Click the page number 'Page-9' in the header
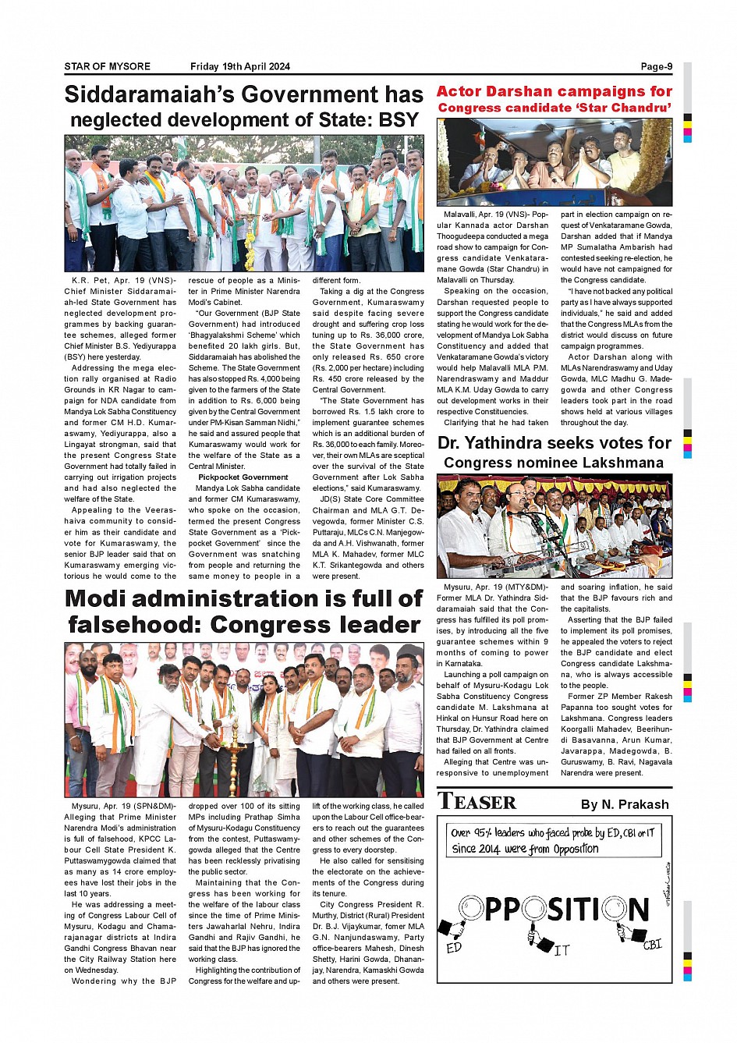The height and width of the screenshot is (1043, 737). click(x=656, y=66)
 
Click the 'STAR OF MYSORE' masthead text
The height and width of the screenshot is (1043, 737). click(x=107, y=66)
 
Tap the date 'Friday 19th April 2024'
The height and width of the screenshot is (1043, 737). click(x=239, y=66)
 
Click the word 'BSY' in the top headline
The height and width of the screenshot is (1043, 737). click(x=399, y=120)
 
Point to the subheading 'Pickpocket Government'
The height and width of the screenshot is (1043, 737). click(x=243, y=477)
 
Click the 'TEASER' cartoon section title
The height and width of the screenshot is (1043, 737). click(x=477, y=802)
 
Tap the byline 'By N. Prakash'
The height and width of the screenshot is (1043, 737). click(x=625, y=804)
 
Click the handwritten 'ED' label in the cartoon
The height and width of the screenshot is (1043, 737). click(x=454, y=948)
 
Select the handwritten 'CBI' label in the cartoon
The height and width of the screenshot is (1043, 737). click(x=652, y=945)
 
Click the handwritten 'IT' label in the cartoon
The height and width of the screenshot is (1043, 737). click(x=562, y=951)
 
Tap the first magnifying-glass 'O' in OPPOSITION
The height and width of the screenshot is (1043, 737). click(x=471, y=908)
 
